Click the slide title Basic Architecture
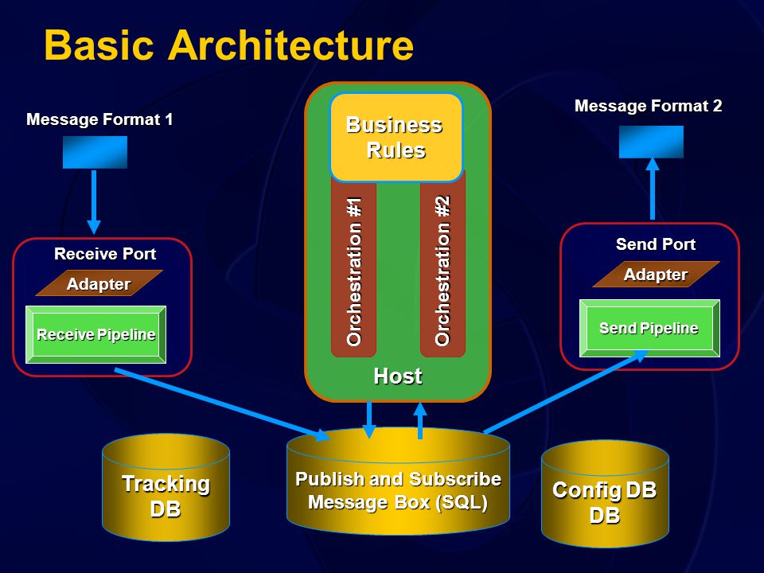(228, 45)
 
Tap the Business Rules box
(396, 138)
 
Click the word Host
(398, 376)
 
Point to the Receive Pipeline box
(96, 335)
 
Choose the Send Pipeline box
(649, 329)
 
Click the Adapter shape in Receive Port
(99, 283)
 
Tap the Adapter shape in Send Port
(656, 275)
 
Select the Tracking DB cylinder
(166, 487)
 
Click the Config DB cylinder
(605, 493)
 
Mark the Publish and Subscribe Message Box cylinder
(398, 481)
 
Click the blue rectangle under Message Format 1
(95, 153)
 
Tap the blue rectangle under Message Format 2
(652, 142)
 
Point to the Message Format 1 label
(99, 119)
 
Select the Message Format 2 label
(648, 106)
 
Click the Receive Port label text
(105, 253)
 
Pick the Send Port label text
(656, 244)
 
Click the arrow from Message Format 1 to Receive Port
(94, 201)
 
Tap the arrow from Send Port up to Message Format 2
(653, 189)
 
